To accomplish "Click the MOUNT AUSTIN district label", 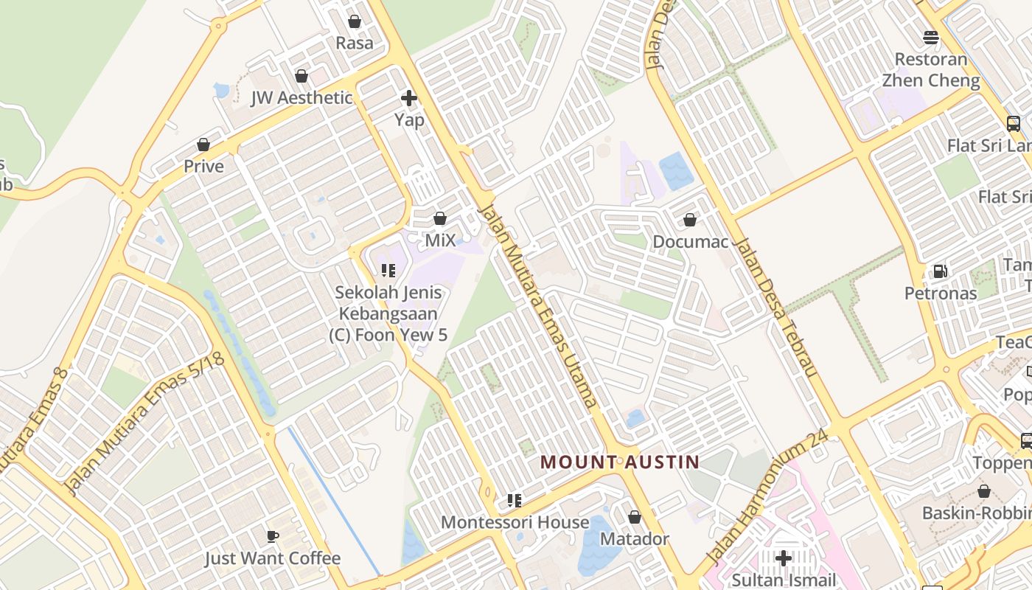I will click(619, 462).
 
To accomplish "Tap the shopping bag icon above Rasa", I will click(355, 21).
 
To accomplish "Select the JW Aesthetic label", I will click(301, 98).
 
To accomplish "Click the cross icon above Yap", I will click(408, 97).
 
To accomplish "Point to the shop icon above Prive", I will click(203, 145).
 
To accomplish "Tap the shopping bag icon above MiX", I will click(440, 218).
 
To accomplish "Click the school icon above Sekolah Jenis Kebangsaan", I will click(388, 270).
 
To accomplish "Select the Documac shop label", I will click(690, 242).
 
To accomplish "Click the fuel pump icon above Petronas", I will click(940, 271).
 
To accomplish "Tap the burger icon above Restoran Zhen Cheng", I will click(931, 37).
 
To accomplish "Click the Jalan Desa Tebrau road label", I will click(777, 308).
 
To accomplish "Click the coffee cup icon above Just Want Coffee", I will click(273, 536).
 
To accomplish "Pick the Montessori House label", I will click(515, 523).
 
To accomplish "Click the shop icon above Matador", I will click(634, 517).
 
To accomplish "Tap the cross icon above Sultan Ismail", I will click(784, 558).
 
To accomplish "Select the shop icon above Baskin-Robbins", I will click(983, 491).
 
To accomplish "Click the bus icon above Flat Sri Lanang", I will click(1014, 123).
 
